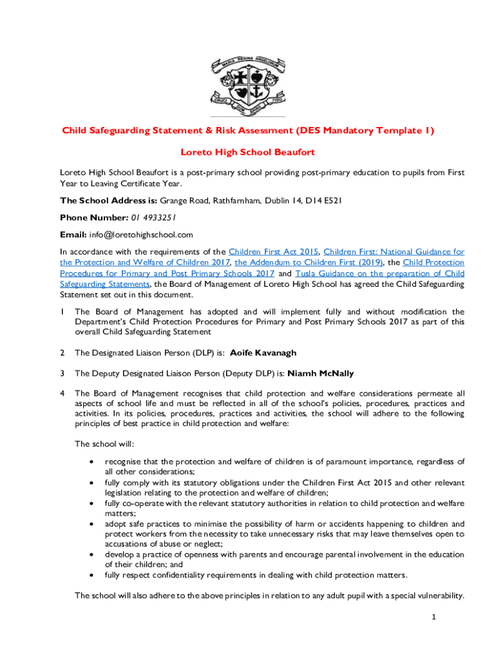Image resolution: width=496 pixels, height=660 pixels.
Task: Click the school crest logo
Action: (247, 85)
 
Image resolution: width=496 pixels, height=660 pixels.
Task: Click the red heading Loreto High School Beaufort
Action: (247, 153)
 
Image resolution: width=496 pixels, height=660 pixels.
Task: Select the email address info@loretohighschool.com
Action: (140, 235)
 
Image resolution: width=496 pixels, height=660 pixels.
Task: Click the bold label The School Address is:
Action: (108, 200)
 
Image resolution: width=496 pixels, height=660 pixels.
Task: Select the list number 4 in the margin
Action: (62, 393)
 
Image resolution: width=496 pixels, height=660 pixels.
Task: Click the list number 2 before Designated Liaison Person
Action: (62, 353)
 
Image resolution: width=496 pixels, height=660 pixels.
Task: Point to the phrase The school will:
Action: (104, 444)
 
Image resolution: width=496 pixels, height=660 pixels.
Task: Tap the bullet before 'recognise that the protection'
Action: (93, 462)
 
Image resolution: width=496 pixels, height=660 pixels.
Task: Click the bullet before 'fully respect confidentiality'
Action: (93, 576)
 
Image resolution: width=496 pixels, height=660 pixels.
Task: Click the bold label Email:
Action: (73, 235)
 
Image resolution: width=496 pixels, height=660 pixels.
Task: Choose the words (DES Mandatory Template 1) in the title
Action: (365, 131)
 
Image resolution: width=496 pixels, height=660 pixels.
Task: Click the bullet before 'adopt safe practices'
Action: (93, 524)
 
